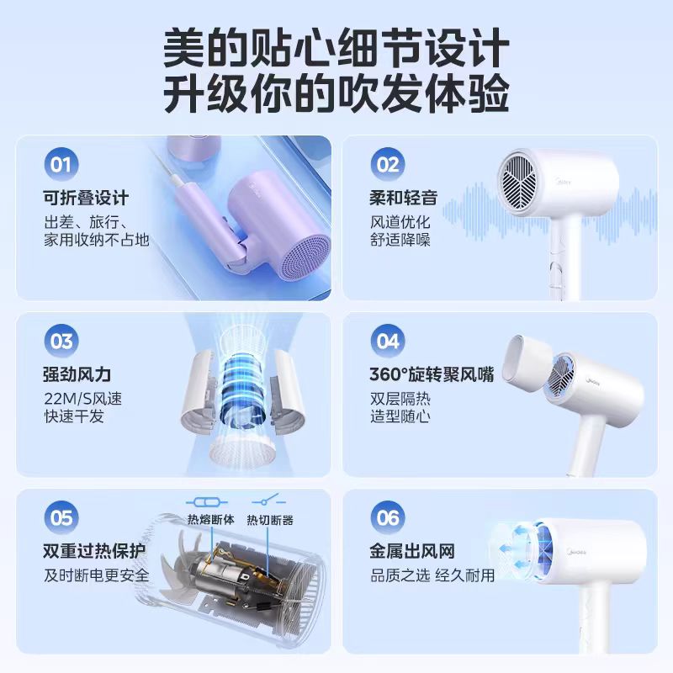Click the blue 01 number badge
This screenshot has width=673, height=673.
[61, 164]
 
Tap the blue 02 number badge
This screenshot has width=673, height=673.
[388, 164]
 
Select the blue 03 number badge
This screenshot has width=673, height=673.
[61, 342]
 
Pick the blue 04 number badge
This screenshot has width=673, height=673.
[388, 342]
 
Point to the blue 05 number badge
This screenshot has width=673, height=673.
[61, 517]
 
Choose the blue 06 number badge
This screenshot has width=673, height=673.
[388, 517]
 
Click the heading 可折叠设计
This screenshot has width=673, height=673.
[86, 198]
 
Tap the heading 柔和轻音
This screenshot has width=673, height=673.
[404, 198]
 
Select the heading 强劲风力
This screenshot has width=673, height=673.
[77, 374]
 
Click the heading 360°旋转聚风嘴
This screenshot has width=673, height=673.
[432, 374]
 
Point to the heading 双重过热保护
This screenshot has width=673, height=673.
[94, 551]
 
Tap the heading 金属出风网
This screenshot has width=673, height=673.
[412, 551]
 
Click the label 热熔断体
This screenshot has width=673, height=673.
[211, 520]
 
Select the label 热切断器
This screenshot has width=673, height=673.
[270, 520]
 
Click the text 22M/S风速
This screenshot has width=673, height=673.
[82, 399]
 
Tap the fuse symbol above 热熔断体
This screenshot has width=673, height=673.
[207, 501]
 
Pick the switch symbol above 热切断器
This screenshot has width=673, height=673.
[268, 500]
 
